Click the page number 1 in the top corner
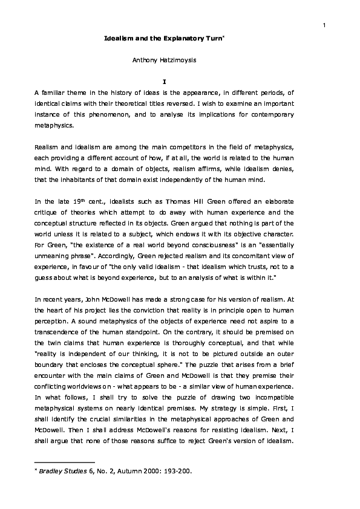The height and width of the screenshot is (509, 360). click(325, 25)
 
